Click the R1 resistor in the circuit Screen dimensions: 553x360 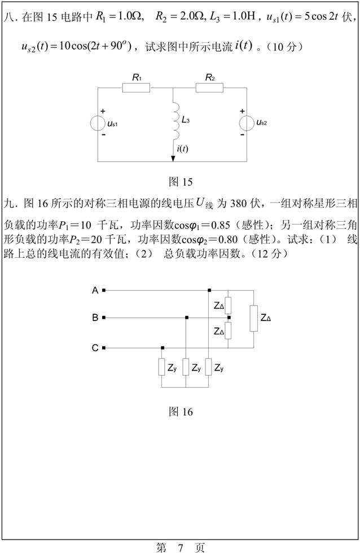[136, 87]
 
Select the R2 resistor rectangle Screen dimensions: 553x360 [210, 87]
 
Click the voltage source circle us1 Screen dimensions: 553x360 [99, 122]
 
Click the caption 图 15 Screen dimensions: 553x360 [181, 182]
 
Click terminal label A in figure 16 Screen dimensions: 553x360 [95, 290]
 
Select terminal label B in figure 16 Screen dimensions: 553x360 [95, 318]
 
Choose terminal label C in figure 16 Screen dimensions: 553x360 [95, 348]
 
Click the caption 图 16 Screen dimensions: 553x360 [181, 412]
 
